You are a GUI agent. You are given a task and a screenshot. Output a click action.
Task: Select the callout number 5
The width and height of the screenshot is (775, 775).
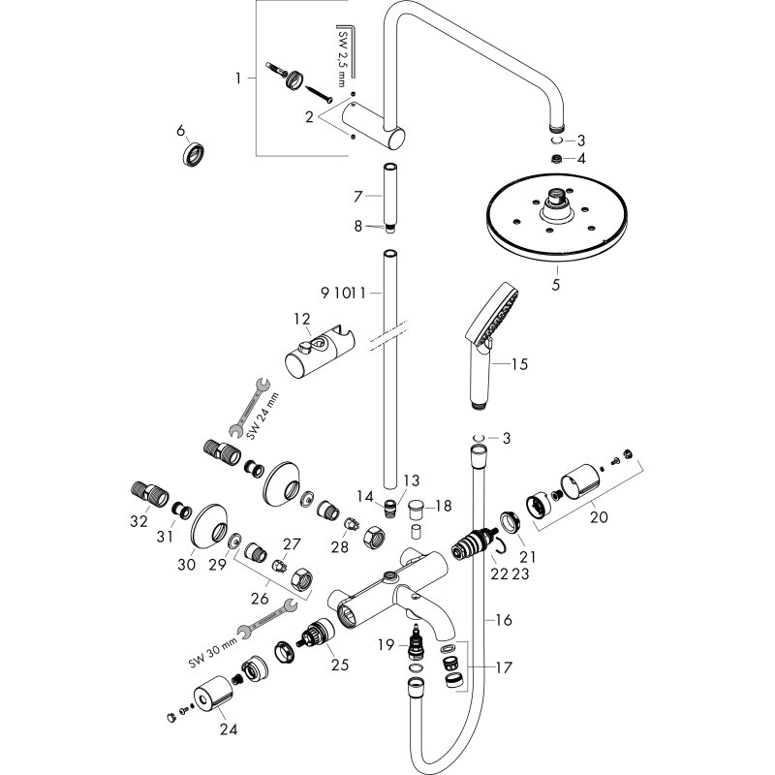pos(556,286)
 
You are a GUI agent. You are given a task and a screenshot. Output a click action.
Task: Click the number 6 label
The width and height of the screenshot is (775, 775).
pos(180,131)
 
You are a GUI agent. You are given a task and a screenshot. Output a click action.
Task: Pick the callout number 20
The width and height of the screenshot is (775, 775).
pos(599,516)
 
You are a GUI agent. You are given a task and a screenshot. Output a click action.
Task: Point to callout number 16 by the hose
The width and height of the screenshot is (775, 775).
pos(502,619)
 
